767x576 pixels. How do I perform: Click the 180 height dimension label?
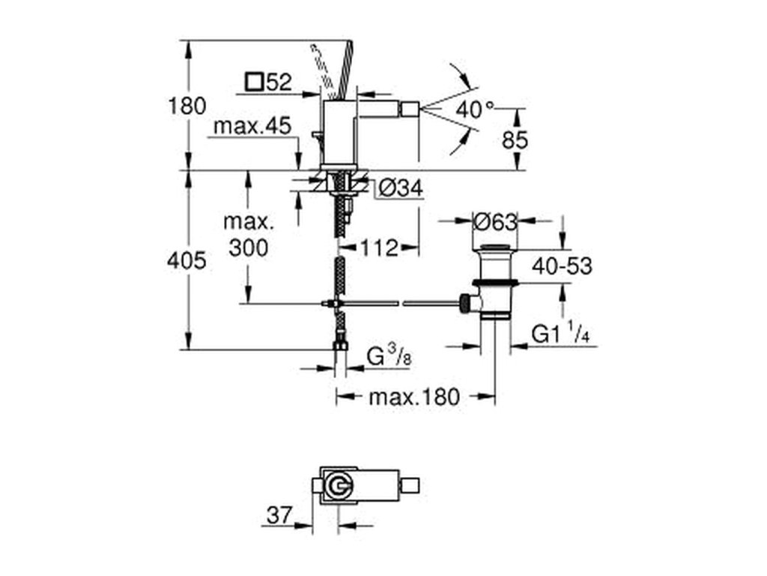[x=187, y=106]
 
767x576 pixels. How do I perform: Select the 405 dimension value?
[x=187, y=260]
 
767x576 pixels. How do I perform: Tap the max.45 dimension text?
[x=252, y=126]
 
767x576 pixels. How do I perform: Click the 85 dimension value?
[x=515, y=140]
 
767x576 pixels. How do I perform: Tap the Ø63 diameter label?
[x=496, y=223]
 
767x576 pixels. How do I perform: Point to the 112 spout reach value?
[x=380, y=248]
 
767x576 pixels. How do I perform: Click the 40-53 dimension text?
[x=562, y=266]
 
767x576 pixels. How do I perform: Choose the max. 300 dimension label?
[x=249, y=235]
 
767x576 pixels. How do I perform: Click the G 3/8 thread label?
[x=389, y=356]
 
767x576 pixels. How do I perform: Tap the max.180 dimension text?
[x=413, y=397]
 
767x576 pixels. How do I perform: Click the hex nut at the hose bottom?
[x=341, y=346]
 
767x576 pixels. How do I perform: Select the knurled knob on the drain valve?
[x=464, y=304]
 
